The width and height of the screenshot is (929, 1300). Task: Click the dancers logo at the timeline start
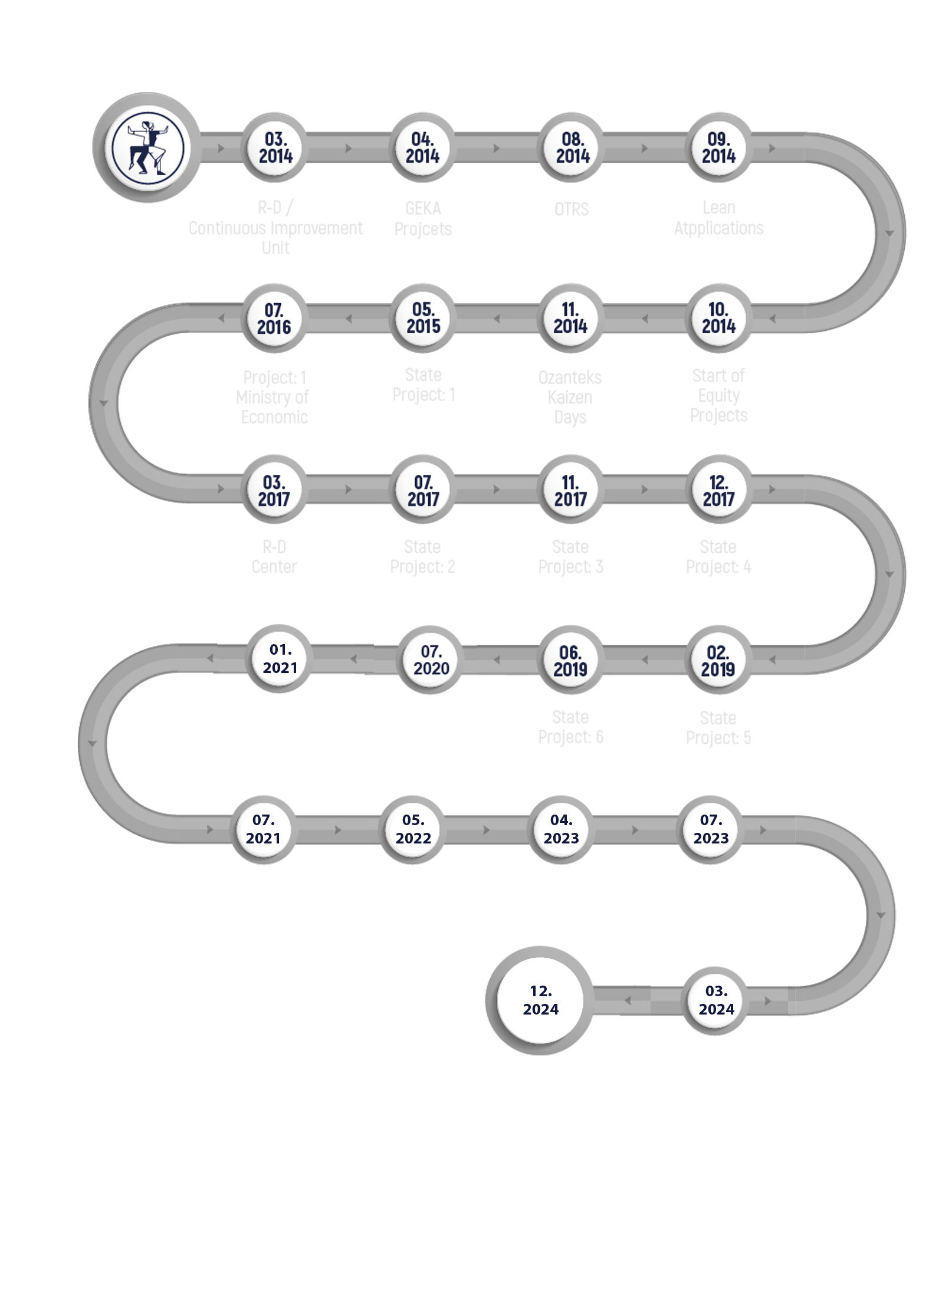(x=148, y=147)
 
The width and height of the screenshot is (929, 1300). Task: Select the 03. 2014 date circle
(x=274, y=147)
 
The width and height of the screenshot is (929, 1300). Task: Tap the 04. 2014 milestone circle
(x=423, y=147)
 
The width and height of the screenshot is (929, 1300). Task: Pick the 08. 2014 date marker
(x=570, y=147)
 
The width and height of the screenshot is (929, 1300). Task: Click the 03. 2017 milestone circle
(x=274, y=491)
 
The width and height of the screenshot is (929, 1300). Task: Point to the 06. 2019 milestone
(x=570, y=660)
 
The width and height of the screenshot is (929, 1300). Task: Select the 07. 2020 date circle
(x=431, y=660)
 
